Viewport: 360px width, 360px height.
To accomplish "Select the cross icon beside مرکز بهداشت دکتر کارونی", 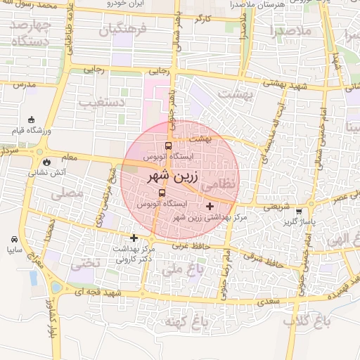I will click(134, 238).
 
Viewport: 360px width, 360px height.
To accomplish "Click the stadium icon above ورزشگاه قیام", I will click(32, 120).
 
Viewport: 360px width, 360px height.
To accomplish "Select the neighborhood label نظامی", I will click(220, 185).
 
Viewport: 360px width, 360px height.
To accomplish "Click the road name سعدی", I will click(269, 301).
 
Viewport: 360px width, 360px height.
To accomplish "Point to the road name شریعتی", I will click(276, 207).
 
